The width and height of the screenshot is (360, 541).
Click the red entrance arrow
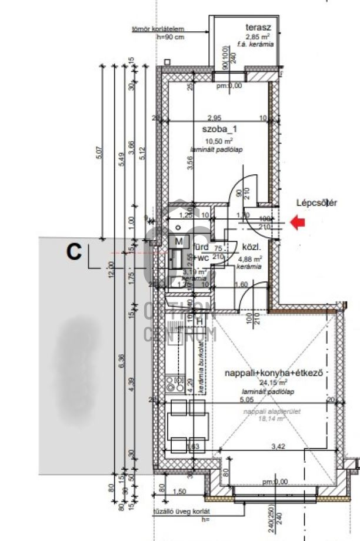(x=299, y=223)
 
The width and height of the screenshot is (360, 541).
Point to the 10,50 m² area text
(x=219, y=141)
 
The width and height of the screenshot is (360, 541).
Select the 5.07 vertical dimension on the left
(x=98, y=152)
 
